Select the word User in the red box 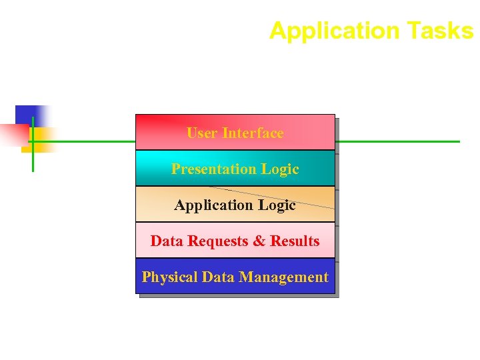(202, 133)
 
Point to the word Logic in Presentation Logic (280, 169)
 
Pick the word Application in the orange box (214, 205)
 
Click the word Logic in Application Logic (277, 205)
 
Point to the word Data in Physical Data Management (218, 277)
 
